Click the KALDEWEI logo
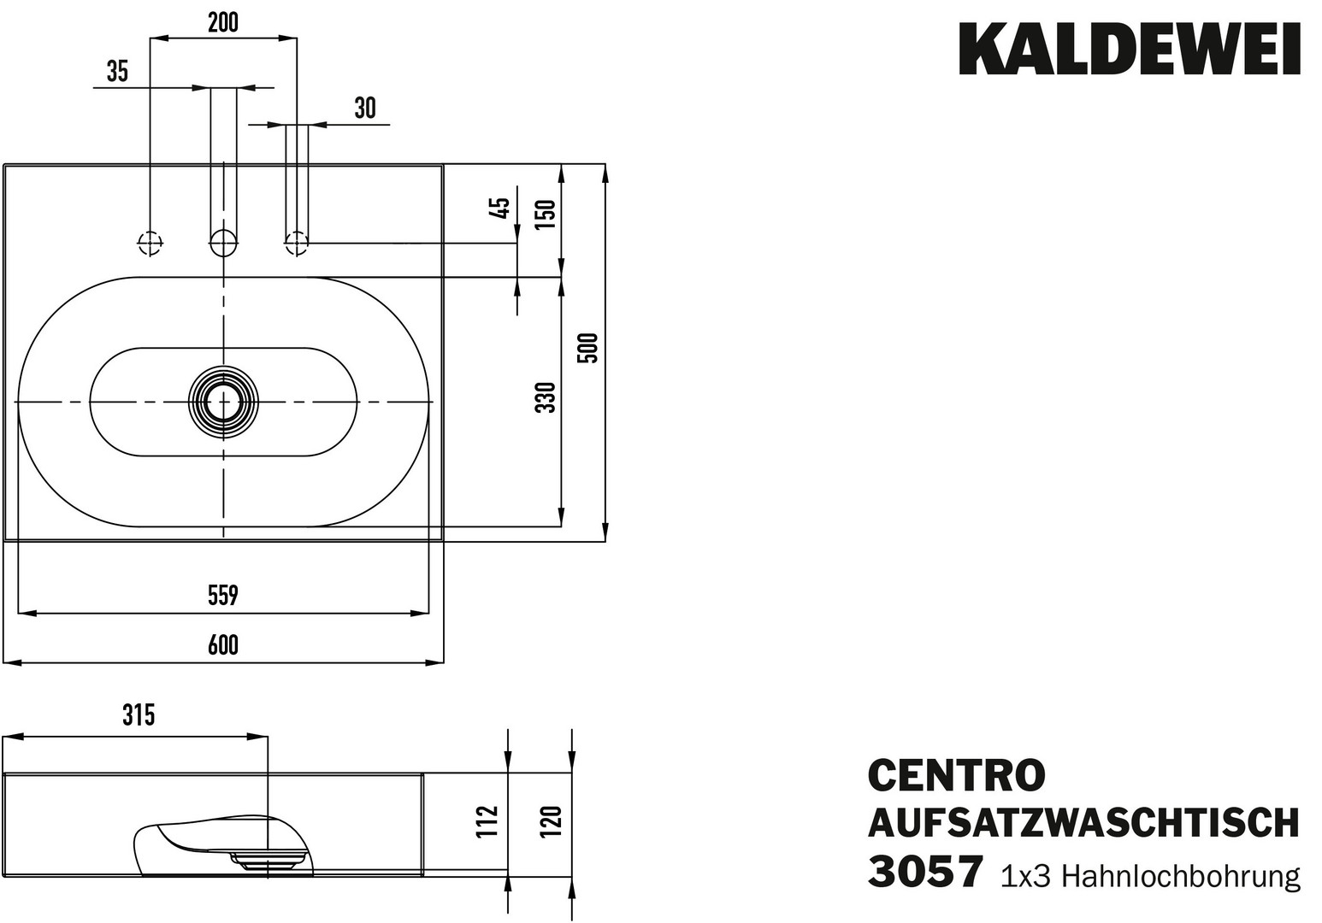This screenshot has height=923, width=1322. (1130, 49)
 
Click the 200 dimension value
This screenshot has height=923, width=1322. (223, 23)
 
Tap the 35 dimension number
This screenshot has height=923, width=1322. (117, 72)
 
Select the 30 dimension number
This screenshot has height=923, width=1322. (365, 109)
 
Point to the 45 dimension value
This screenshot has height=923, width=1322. (502, 209)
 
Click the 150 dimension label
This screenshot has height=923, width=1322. (546, 210)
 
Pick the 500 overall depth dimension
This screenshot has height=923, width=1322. (588, 349)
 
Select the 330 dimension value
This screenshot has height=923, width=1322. (546, 397)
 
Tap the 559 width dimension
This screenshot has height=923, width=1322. (223, 595)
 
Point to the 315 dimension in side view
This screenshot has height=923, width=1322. (138, 714)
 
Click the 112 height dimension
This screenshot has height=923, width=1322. (487, 821)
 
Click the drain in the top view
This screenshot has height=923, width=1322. (223, 401)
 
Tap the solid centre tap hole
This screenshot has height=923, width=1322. (223, 243)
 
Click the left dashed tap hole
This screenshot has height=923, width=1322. (150, 243)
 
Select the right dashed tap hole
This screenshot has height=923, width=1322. (297, 243)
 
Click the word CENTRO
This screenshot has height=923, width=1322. (956, 775)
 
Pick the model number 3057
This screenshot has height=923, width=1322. (924, 873)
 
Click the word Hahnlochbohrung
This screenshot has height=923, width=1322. (1181, 876)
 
